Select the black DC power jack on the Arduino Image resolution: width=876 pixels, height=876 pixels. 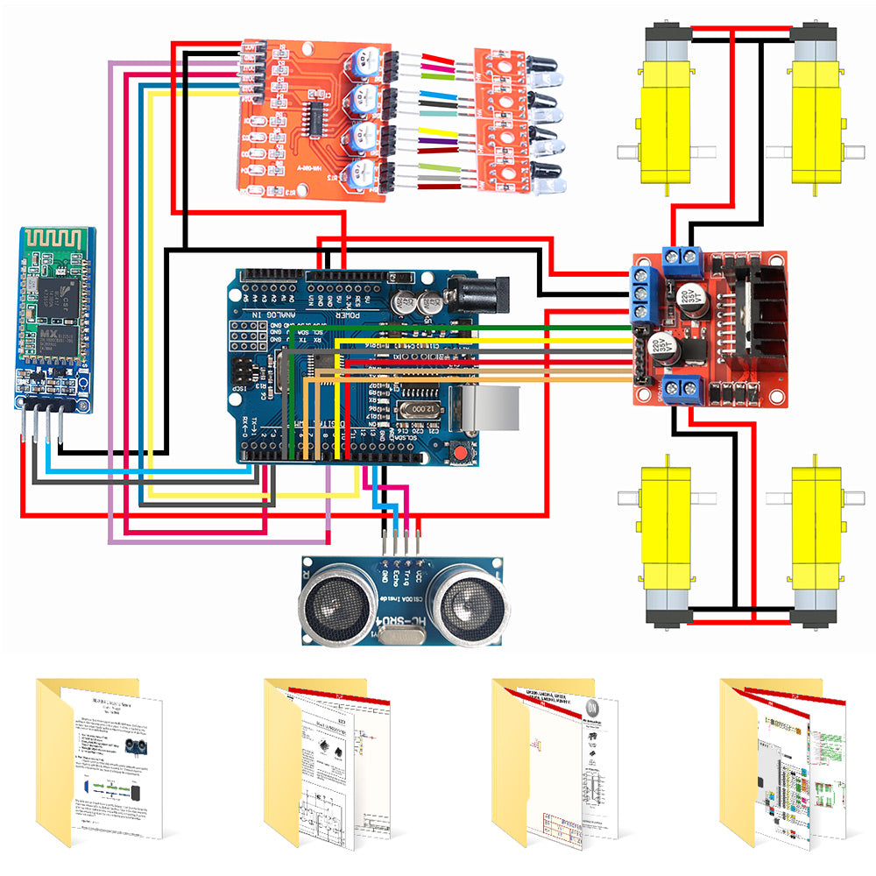(477, 293)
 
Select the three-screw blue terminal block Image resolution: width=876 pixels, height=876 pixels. (644, 293)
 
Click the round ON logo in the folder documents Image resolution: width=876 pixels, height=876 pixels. (592, 707)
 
